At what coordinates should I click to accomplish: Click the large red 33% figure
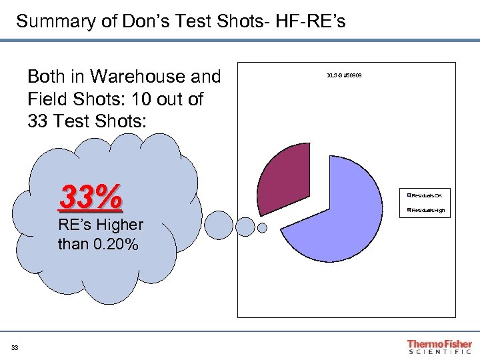(x=91, y=197)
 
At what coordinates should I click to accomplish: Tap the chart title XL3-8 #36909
(x=344, y=75)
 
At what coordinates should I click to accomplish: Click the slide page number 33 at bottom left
(x=15, y=347)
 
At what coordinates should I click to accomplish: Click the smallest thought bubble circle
(x=262, y=228)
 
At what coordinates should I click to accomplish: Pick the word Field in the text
(x=45, y=99)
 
